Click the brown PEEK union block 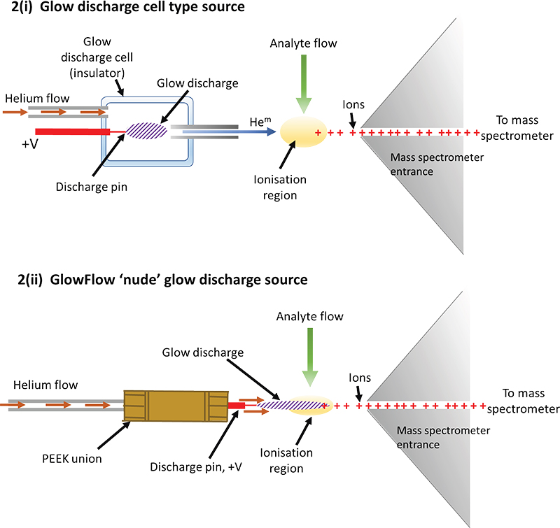pyautogui.click(x=176, y=406)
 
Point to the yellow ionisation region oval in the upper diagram pyautogui.click(x=303, y=132)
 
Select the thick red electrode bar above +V pyautogui.click(x=71, y=131)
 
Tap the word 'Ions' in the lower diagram pyautogui.click(x=359, y=378)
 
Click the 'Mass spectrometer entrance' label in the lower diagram pyautogui.click(x=443, y=437)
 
